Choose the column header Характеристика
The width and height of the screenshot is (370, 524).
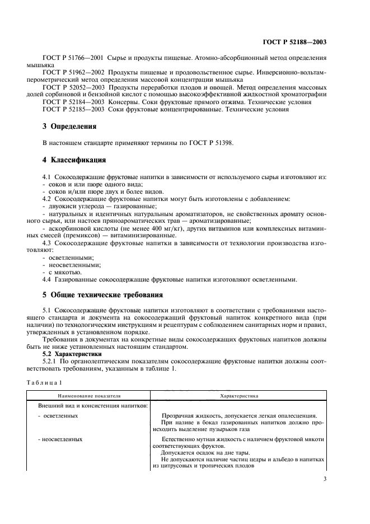coord(239,395)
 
